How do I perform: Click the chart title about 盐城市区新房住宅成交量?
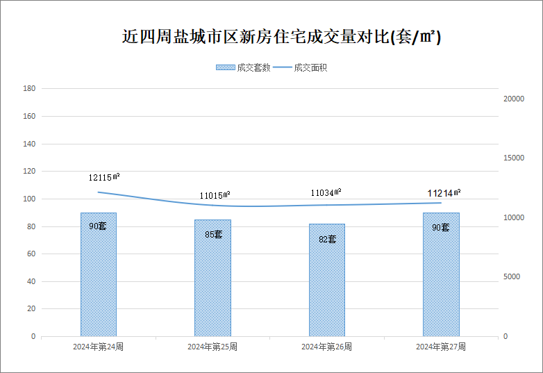281,36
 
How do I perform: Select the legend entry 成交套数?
243,67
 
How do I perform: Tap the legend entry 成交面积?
300,67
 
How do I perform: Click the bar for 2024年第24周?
99,274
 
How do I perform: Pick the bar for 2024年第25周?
212,278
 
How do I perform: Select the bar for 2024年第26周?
327,280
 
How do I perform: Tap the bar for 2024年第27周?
441,274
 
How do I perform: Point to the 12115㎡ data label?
104,177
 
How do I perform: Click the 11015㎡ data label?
215,195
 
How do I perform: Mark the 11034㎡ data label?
326,192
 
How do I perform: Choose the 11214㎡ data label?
444,193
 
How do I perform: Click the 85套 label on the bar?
213,235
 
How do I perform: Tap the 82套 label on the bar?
328,240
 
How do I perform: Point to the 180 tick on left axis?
29,88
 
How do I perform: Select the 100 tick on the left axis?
29,199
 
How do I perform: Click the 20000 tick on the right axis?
514,99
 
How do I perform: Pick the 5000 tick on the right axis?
512,276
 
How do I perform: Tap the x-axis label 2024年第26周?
326,347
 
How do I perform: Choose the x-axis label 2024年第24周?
99,347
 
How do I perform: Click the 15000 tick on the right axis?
514,158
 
